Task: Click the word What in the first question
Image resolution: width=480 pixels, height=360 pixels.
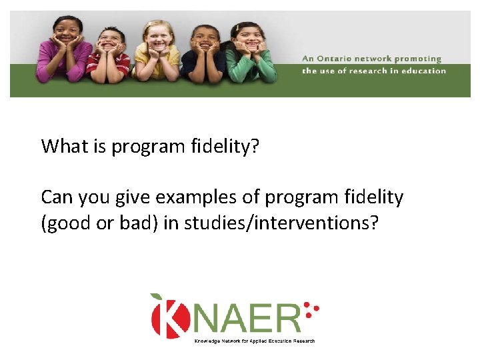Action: (65, 146)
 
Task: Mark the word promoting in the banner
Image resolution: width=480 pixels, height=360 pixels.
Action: (417, 59)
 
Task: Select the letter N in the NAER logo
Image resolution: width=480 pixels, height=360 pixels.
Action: (210, 317)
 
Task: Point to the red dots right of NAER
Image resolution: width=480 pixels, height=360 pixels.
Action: (311, 308)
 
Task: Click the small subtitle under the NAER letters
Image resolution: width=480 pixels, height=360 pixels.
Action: (254, 341)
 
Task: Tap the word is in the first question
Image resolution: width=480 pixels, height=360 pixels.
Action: (100, 146)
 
